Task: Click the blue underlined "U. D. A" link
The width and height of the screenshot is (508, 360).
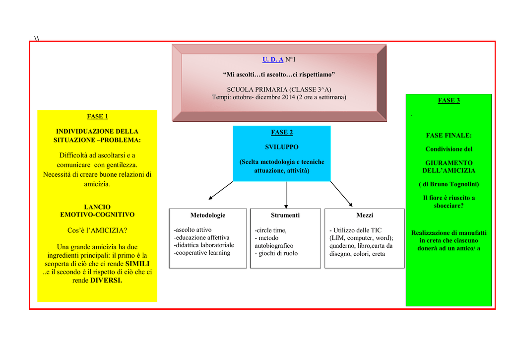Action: point(273,60)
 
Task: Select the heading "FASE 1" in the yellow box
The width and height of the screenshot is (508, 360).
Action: point(97,116)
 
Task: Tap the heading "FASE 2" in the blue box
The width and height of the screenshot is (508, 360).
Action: point(282,132)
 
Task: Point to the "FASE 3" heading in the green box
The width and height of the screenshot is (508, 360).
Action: point(448,100)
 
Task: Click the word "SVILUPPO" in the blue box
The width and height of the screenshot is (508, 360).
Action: point(282,147)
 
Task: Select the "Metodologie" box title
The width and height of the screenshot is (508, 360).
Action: point(207,215)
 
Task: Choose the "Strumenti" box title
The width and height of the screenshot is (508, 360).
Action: point(285,215)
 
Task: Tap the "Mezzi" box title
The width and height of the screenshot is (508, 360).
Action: point(365,215)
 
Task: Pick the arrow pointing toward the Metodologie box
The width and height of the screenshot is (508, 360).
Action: point(221,190)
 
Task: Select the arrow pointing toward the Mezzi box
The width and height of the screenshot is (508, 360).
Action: point(341,194)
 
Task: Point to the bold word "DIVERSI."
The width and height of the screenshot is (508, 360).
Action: point(106,280)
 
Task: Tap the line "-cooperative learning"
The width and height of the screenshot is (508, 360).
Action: point(202,253)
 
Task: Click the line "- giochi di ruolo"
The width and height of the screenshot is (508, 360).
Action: point(276,253)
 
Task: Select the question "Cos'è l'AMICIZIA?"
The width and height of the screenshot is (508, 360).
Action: point(97,230)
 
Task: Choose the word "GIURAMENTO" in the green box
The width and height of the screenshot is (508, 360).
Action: point(448,163)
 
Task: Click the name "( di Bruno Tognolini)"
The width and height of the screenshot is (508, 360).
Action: point(448,184)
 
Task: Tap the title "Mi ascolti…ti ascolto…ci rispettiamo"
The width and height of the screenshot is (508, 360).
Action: point(279,74)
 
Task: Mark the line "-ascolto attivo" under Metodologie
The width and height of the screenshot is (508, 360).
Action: point(192,230)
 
